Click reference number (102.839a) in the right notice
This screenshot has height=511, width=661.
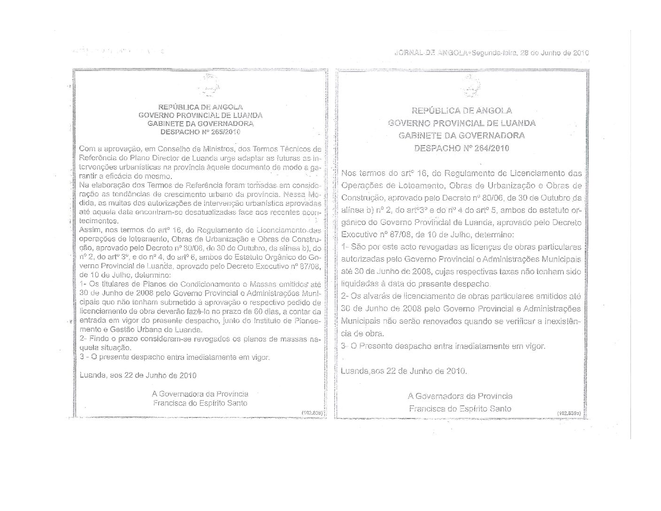(x=569, y=412)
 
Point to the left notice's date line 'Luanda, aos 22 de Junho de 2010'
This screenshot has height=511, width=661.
(x=138, y=376)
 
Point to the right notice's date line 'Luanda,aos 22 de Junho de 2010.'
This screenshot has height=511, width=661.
(x=404, y=371)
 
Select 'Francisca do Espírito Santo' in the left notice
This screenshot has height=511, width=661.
(x=200, y=403)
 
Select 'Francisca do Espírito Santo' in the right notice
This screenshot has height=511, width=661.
(x=460, y=409)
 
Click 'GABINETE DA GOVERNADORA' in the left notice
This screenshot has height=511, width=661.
(x=200, y=124)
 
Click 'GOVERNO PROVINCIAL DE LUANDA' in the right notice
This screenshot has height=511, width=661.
(x=461, y=123)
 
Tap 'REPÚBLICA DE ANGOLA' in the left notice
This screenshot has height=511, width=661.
(x=200, y=107)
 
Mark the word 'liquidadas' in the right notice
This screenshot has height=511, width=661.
(x=361, y=284)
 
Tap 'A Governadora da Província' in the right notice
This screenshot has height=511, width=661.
(x=460, y=396)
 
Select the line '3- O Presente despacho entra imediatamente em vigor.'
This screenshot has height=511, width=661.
(x=444, y=346)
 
